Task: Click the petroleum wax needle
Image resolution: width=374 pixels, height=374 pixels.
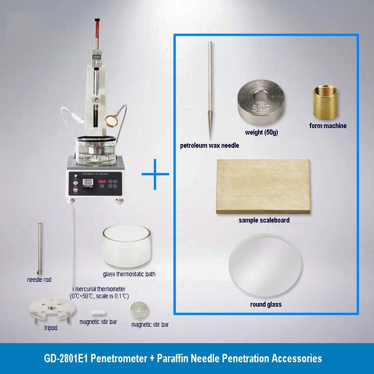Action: coord(210,89)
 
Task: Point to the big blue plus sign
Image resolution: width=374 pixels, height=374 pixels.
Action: coord(156,174)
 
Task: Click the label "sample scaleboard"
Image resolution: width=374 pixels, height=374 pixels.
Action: coord(264,220)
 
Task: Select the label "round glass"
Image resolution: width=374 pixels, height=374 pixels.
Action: coord(266,304)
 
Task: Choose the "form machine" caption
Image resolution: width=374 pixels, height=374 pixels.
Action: coord(328,126)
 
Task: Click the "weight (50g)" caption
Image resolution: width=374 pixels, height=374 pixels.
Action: coord(261,133)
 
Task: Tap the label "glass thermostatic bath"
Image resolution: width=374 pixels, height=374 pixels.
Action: coord(129,274)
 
